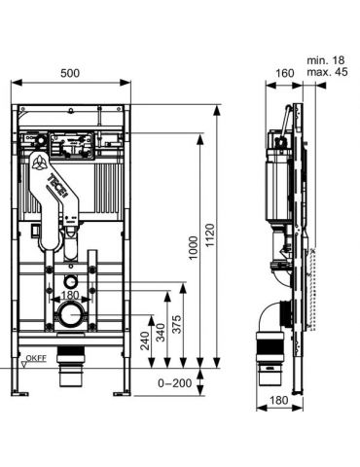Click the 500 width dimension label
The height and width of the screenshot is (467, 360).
[70, 73]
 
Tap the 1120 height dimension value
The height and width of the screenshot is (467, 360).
[210, 235]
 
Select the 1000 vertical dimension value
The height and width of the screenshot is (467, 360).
[194, 248]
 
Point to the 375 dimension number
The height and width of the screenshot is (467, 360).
[177, 324]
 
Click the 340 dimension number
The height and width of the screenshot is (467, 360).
[161, 332]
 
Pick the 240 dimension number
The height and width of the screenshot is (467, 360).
[145, 341]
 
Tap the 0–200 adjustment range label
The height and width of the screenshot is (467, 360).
[175, 383]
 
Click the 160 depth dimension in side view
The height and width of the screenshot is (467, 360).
[284, 73]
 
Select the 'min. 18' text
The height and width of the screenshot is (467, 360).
[326, 60]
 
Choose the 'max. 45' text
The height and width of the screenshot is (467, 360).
[327, 72]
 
